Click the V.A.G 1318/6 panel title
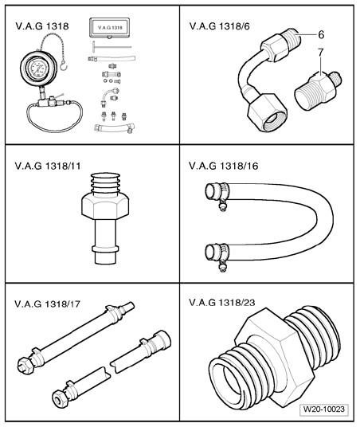click(219, 26)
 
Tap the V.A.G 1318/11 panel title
click(48, 166)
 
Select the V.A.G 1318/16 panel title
click(223, 166)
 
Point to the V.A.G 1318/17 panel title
click(47, 304)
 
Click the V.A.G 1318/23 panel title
click(222, 302)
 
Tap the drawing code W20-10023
click(324, 409)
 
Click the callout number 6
click(321, 34)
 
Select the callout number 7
click(321, 53)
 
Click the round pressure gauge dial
click(38, 69)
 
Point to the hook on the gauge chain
click(64, 65)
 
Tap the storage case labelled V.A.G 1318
click(109, 28)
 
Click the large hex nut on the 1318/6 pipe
click(268, 112)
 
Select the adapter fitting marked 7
click(318, 90)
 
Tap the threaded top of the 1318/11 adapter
click(105, 183)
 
